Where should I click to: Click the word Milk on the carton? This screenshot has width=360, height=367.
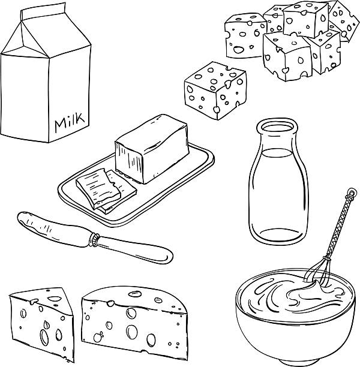pyautogui.click(x=70, y=122)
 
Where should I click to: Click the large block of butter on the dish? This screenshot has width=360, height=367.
pyautogui.click(x=152, y=149)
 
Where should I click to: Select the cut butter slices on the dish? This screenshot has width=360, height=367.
pyautogui.click(x=106, y=191)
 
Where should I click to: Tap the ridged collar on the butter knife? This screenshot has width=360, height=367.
pyautogui.click(x=95, y=240)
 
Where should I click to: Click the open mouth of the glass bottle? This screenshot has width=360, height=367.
pyautogui.click(x=277, y=127)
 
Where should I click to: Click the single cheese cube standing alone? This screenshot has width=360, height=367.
pyautogui.click(x=215, y=91)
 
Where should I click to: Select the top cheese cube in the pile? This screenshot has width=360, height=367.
pyautogui.click(x=305, y=19)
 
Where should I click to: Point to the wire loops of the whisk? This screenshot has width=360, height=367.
pyautogui.click(x=318, y=271)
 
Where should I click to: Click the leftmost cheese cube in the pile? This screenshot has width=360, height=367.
pyautogui.click(x=245, y=36)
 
